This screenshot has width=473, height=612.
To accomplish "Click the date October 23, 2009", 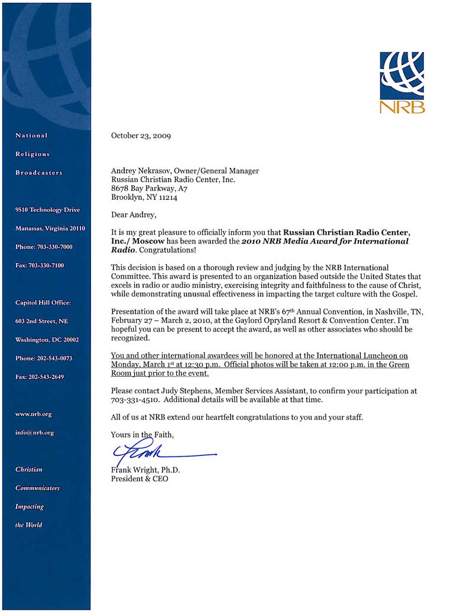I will click(141, 135).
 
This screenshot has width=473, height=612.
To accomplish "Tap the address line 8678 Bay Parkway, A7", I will click(149, 189).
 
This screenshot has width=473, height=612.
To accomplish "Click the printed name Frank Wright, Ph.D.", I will click(145, 470).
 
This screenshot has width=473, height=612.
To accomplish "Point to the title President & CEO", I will click(140, 479).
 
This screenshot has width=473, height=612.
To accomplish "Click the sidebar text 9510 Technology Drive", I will click(47, 210).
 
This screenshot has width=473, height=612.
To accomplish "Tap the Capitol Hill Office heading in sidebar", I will click(43, 303).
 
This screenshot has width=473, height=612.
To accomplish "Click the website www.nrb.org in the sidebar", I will click(34, 414).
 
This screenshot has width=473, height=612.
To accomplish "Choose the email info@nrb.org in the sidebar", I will click(35, 432).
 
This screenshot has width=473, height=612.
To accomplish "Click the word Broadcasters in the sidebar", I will click(38, 173).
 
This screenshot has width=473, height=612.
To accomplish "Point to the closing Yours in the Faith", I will click(142, 435).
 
